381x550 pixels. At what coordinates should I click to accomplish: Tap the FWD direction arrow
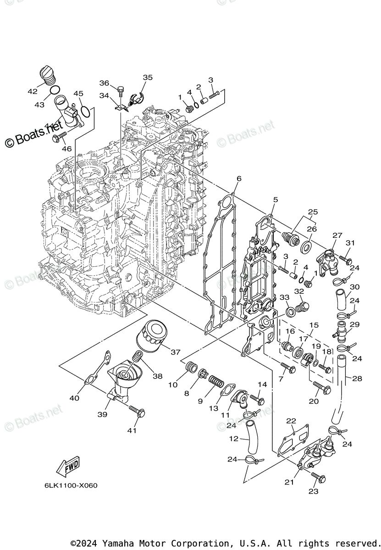[x=67, y=466]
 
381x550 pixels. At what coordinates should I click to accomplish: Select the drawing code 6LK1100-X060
[x=72, y=485]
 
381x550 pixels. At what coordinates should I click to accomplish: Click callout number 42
[x=33, y=91]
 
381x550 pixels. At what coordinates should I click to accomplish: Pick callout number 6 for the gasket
[x=238, y=178]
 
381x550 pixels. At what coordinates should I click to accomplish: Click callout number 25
[x=313, y=212]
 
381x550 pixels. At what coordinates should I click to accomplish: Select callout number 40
[x=74, y=398]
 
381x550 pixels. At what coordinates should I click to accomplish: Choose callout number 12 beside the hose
[x=234, y=439]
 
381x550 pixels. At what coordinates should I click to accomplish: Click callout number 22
[x=291, y=421]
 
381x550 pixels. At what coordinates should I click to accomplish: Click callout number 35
[x=148, y=77]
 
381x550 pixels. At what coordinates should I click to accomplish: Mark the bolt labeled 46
[x=60, y=136]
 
